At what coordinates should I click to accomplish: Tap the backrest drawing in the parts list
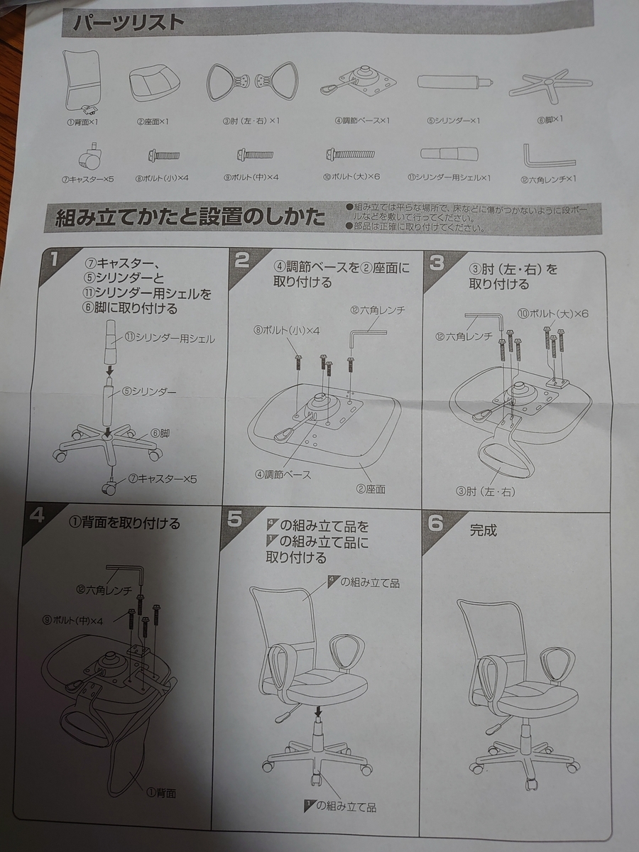(x=82, y=82)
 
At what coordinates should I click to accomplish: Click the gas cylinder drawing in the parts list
(x=454, y=82)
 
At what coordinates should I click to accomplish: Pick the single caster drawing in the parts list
(x=90, y=157)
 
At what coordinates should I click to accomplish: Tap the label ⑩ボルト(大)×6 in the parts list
(x=351, y=177)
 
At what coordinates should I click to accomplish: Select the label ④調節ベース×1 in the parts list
(x=362, y=121)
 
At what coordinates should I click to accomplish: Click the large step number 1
(x=53, y=259)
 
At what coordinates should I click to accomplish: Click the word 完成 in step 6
(x=483, y=530)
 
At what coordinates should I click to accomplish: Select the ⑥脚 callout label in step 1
(x=160, y=433)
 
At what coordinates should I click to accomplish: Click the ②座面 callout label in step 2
(x=371, y=488)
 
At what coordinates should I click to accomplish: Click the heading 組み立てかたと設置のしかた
(x=190, y=218)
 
